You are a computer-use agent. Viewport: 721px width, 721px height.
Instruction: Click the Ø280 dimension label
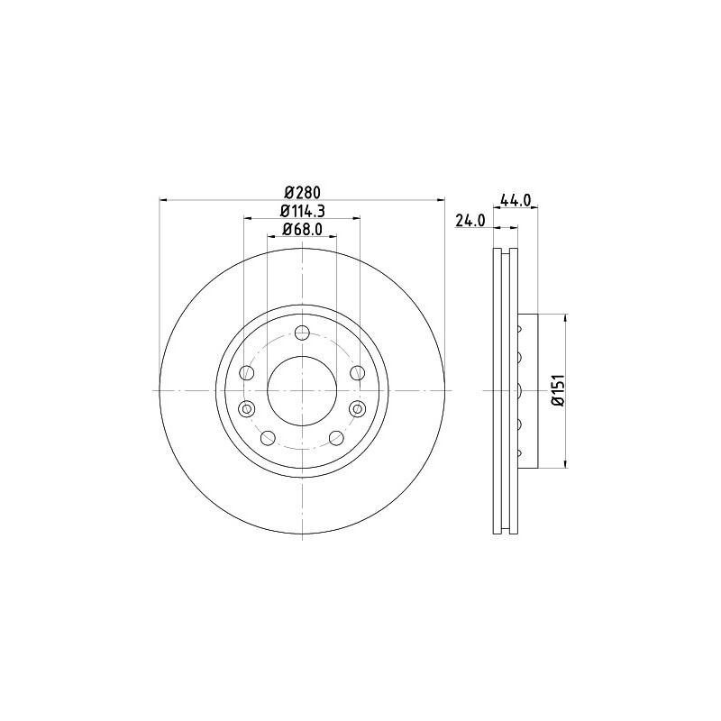[302, 191]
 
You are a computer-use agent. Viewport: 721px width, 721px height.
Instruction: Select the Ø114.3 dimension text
[302, 211]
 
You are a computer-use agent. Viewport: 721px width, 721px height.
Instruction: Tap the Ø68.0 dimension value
[302, 229]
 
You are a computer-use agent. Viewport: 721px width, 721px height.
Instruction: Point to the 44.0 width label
[516, 200]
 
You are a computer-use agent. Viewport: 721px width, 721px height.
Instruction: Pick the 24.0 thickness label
[470, 221]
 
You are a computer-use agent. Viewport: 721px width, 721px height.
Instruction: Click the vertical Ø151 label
[558, 391]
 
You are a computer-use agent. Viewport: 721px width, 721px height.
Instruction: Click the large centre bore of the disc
[302, 391]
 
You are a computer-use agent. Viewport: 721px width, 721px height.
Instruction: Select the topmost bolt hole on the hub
[302, 333]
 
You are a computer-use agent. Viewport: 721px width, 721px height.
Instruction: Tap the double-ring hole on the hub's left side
[247, 408]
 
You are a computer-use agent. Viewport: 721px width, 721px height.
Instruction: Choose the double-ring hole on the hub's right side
[357, 408]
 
